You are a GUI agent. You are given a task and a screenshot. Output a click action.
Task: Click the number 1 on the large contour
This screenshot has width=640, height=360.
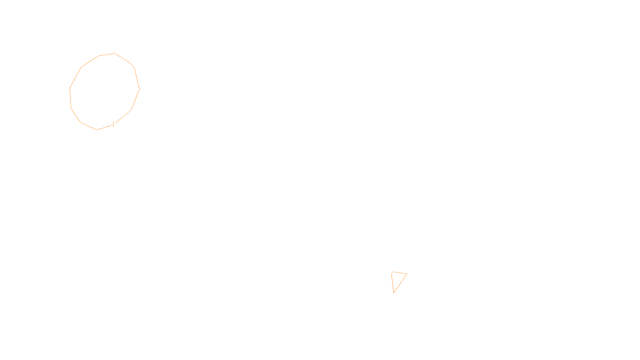(x=113, y=124)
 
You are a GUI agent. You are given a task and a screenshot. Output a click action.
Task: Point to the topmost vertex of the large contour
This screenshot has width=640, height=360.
(x=115, y=53)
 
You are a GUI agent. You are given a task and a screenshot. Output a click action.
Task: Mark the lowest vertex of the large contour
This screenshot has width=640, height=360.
(x=97, y=130)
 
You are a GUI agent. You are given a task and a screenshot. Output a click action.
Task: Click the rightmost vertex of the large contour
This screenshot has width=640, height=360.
(x=139, y=89)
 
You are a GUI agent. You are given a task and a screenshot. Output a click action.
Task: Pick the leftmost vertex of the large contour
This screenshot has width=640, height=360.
(x=70, y=88)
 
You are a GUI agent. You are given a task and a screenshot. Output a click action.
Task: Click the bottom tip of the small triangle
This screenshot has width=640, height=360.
(x=394, y=293)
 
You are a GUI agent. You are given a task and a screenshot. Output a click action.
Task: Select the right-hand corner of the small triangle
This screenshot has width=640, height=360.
(x=407, y=274)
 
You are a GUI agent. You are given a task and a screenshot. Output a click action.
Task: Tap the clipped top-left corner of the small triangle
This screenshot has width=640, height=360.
(x=392, y=272)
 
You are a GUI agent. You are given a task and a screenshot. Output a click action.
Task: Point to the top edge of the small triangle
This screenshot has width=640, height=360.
(x=400, y=273)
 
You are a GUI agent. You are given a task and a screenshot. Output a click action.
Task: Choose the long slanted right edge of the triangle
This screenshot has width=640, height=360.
(x=401, y=283)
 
